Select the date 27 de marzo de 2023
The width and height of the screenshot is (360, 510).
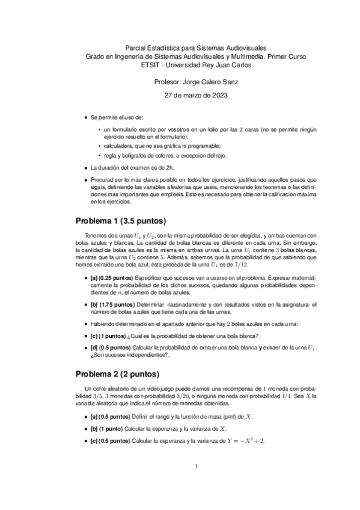tap(197, 96)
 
